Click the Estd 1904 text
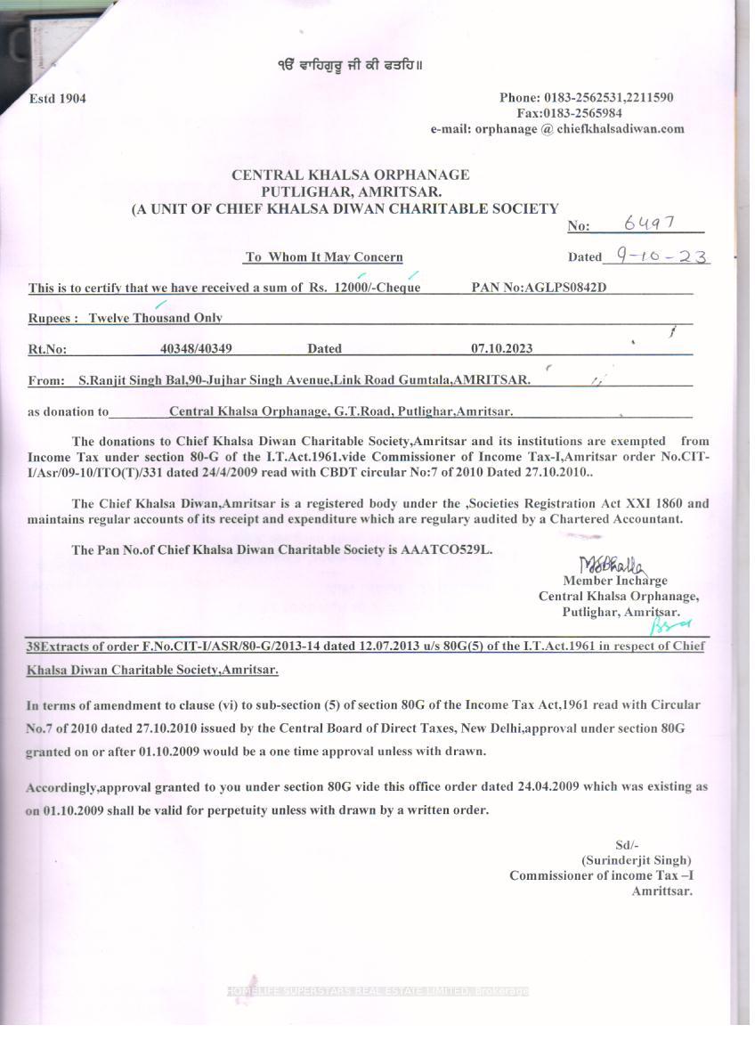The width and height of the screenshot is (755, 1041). [x=58, y=98]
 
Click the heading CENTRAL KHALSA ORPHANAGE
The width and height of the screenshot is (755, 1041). [x=350, y=175]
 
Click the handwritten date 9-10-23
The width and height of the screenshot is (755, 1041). [x=655, y=256]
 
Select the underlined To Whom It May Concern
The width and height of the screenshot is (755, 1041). [x=324, y=257]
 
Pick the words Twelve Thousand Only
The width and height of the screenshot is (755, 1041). [x=155, y=318]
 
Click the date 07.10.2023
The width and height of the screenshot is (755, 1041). [x=502, y=349]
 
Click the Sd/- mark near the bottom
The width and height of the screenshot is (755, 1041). [x=627, y=845]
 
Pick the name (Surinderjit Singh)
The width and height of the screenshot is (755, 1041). [x=636, y=860]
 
